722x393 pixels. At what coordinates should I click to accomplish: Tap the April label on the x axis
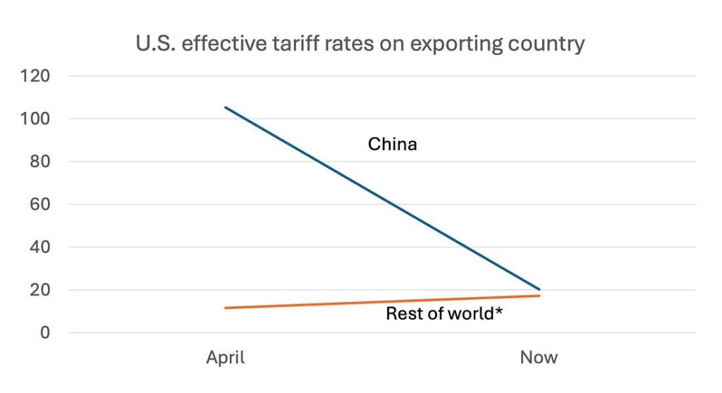(x=226, y=358)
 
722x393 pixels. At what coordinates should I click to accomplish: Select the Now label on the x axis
(x=539, y=358)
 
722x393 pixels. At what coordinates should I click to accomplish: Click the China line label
(x=393, y=145)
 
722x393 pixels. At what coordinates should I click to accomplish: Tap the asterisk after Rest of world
(x=498, y=312)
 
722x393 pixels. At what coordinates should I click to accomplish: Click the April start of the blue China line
(x=226, y=107)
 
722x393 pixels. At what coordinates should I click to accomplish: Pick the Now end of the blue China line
(x=539, y=289)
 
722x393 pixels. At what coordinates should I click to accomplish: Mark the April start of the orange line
(x=226, y=308)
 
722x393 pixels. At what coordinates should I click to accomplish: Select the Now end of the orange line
(x=539, y=296)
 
